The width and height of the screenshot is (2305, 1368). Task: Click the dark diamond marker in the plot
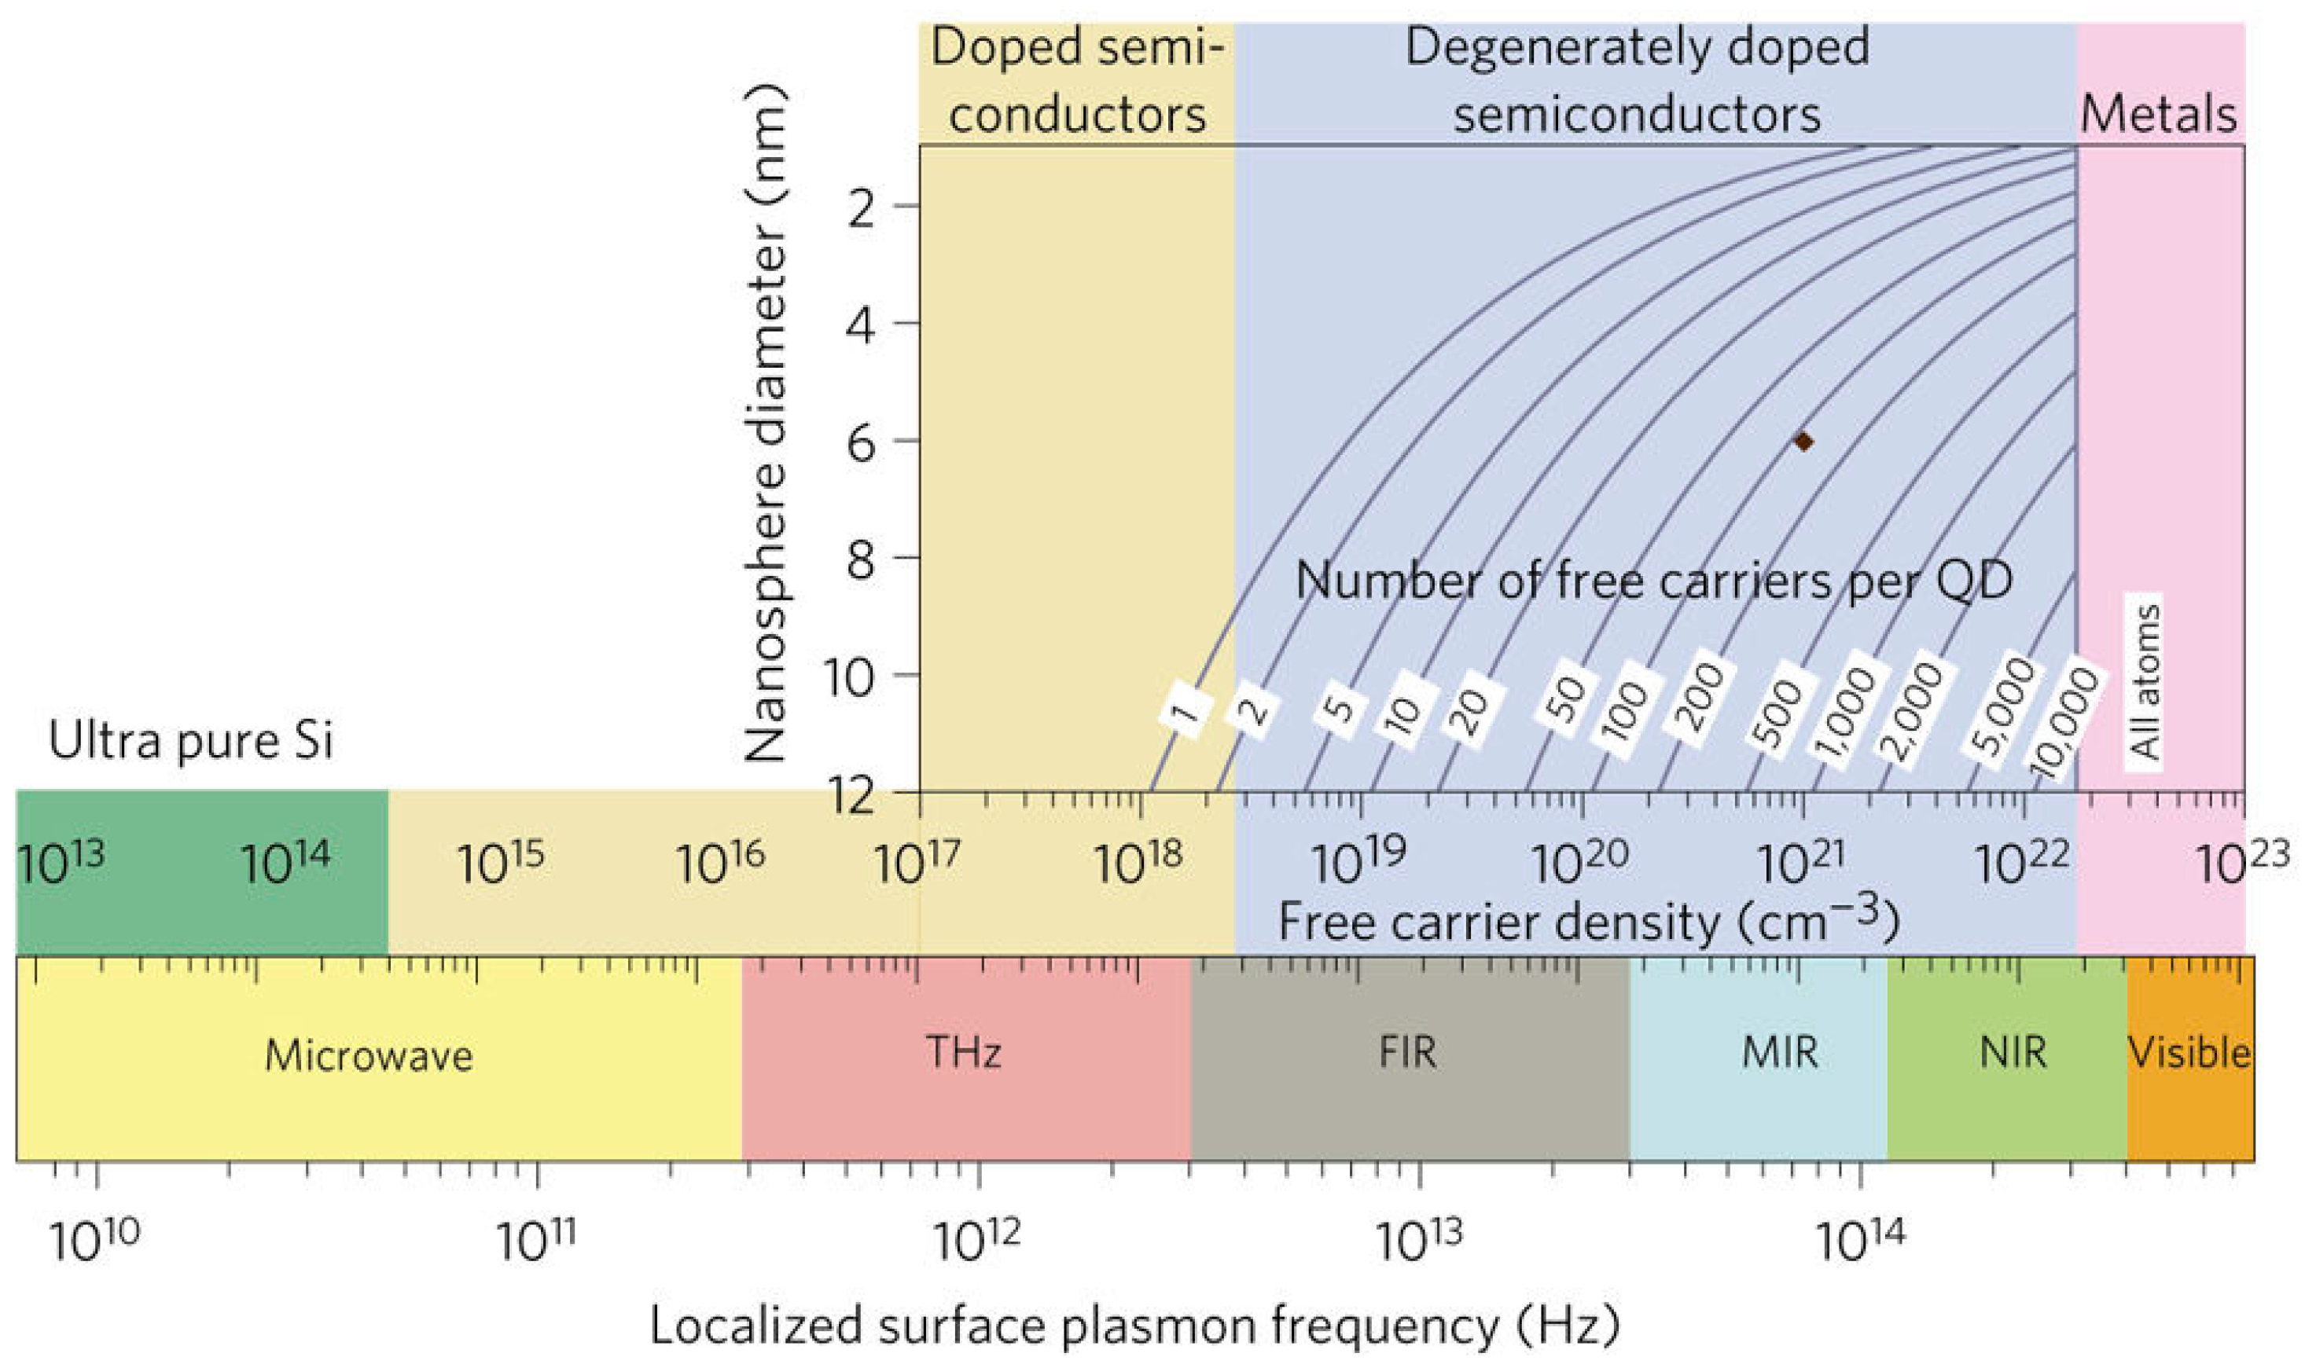[1803, 442]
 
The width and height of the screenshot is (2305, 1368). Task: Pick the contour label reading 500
[1778, 714]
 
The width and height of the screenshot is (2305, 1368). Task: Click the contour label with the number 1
[1186, 710]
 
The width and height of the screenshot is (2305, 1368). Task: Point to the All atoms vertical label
[2145, 683]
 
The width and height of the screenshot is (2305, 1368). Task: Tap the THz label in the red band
[964, 1053]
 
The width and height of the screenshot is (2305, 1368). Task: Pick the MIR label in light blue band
[1780, 1053]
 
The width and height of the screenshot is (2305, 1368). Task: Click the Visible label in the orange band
[2189, 1053]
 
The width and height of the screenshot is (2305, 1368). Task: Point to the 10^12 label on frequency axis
[977, 1241]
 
